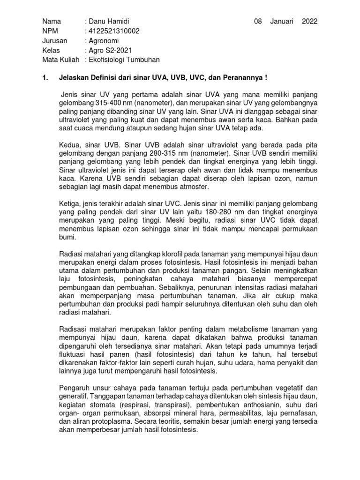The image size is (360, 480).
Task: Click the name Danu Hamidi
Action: [x=109, y=22]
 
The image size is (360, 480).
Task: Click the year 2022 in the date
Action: [x=309, y=22]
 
